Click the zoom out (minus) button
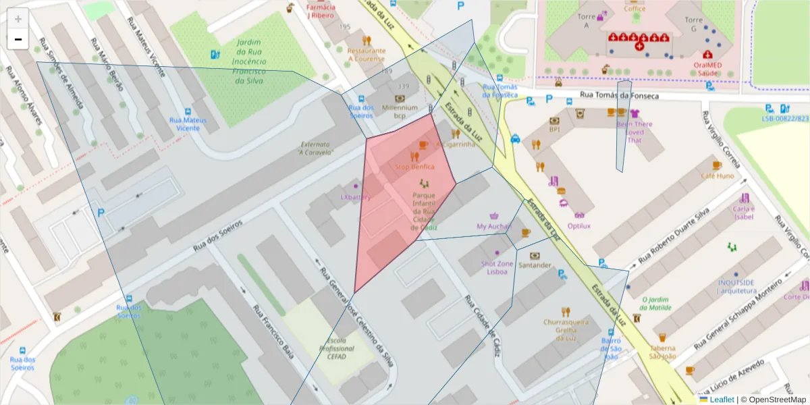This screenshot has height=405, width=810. (18, 40)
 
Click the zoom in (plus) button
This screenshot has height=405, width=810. (18, 19)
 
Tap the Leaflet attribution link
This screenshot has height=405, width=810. (721, 400)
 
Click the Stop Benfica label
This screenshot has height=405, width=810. (414, 167)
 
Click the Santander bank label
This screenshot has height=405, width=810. (535, 265)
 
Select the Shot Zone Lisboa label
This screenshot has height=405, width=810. (497, 267)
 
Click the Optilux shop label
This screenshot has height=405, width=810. (578, 226)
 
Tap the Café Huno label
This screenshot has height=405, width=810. (717, 175)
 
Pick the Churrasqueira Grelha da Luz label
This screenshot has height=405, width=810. (566, 329)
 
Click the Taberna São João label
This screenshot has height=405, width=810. (662, 352)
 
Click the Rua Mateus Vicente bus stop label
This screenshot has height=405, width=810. (188, 124)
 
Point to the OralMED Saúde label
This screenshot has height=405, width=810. (707, 69)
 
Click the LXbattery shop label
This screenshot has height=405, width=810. (356, 197)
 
